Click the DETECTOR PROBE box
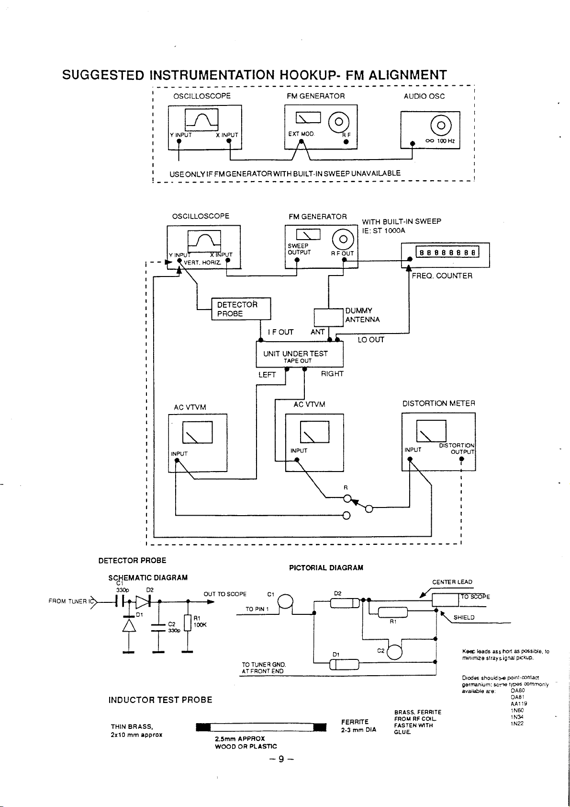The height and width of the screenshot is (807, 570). pyautogui.click(x=241, y=309)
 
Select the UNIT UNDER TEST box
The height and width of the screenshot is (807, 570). pyautogui.click(x=300, y=355)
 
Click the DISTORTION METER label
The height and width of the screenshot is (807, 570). pyautogui.click(x=438, y=403)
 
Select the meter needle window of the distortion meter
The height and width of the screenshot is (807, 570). pyautogui.click(x=431, y=431)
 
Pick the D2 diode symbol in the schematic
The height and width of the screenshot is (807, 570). pyautogui.click(x=143, y=600)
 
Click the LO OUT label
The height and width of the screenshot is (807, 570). pyautogui.click(x=371, y=340)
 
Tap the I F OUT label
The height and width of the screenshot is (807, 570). pyautogui.click(x=280, y=332)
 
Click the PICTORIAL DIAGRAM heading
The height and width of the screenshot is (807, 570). pyautogui.click(x=326, y=568)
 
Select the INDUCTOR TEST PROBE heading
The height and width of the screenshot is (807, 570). pyautogui.click(x=160, y=700)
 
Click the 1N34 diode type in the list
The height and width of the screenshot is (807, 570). pyautogui.click(x=517, y=717)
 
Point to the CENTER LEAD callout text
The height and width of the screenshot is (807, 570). pyautogui.click(x=452, y=582)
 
